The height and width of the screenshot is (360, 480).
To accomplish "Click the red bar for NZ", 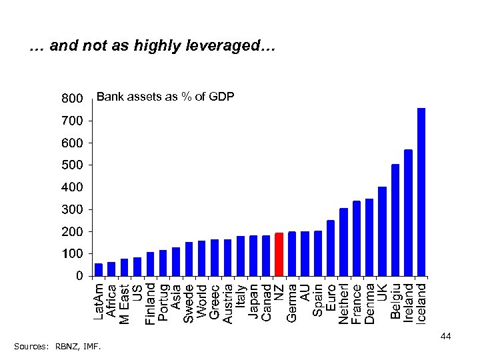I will [279, 253].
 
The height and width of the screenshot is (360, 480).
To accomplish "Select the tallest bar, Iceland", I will [421, 191].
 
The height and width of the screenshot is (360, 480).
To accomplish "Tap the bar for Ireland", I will [408, 212].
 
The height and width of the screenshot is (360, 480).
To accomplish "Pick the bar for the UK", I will [382, 231].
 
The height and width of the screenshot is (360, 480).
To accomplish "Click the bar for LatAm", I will [99, 269].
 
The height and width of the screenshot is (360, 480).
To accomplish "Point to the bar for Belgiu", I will [395, 219].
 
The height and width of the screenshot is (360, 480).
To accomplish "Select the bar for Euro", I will [330, 247].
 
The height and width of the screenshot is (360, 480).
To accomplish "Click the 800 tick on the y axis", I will [71, 99].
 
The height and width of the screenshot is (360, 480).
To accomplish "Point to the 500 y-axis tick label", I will [71, 165].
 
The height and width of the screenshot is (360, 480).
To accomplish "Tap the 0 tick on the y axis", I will [79, 275].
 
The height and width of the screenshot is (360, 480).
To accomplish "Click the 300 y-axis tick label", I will [71, 209].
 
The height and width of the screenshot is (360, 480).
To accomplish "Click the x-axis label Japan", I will [253, 302].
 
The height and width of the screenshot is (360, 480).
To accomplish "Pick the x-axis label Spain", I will [318, 302].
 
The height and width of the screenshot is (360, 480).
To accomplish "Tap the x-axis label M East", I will [125, 304].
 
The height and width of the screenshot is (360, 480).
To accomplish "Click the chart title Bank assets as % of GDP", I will [165, 97].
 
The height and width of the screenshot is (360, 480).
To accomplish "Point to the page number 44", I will [446, 336].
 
